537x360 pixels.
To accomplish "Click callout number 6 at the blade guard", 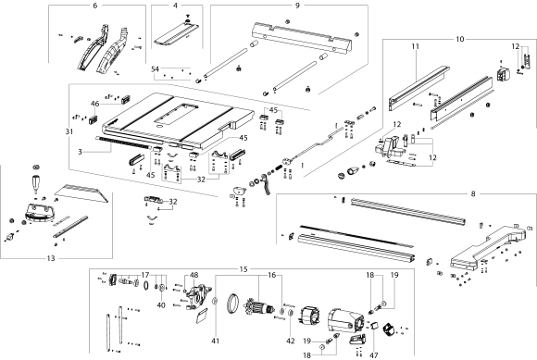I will point(94,6).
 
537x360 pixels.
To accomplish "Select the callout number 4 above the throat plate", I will point(174,6).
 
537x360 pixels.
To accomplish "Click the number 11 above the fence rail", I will point(416,45).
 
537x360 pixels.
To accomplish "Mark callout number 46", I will point(94,104).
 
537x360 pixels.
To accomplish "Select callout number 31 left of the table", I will point(68,131).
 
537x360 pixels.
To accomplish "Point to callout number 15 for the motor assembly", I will point(244,268).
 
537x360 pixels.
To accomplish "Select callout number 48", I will point(194,275).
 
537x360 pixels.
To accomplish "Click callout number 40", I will point(159,304).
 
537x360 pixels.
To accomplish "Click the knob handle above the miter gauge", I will point(38,179).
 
